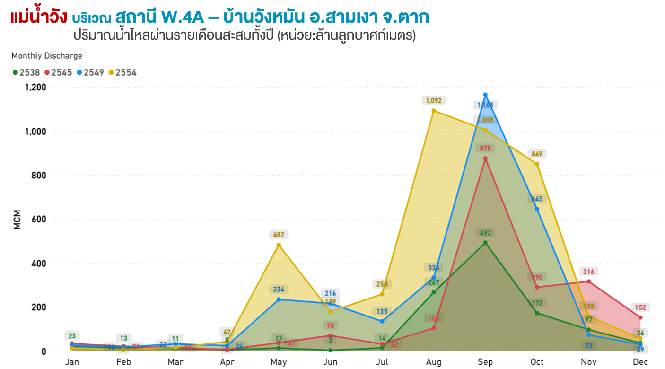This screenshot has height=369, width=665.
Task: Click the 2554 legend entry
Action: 122,72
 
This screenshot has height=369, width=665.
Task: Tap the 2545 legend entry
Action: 58,72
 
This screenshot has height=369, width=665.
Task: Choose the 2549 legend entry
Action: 90,72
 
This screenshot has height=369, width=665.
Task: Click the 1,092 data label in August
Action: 434,100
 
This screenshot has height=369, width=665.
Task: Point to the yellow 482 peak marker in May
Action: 279,245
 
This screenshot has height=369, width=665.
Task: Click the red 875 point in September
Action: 485,158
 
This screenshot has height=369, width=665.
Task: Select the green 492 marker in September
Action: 485,243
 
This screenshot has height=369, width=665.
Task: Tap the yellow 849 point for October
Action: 537,164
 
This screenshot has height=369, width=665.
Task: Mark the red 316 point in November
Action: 588,281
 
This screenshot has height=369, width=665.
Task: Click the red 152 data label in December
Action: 640,307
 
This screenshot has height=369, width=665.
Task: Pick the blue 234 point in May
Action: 279,299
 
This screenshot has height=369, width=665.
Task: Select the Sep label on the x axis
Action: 485,362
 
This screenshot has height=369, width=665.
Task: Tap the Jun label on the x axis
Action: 330,362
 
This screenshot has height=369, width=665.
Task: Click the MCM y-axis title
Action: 17,219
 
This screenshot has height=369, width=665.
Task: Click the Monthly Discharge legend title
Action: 47,56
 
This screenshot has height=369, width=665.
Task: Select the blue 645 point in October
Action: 537,209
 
